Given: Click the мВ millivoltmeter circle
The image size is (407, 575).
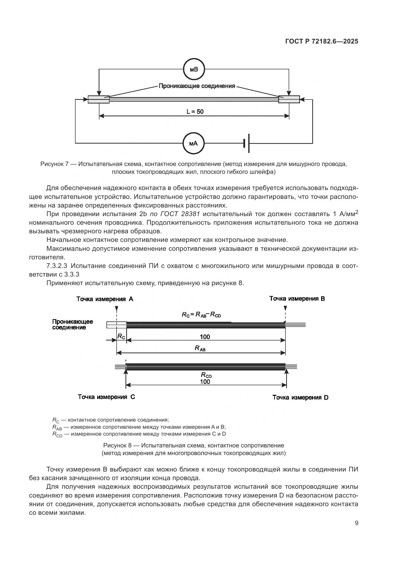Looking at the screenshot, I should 194,69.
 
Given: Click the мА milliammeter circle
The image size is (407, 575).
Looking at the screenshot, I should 193,144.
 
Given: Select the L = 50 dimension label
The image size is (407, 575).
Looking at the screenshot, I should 195,112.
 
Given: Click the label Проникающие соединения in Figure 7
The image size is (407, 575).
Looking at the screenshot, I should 197,86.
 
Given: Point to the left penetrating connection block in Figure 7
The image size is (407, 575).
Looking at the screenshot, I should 98,99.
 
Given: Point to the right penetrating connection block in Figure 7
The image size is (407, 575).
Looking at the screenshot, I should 289,99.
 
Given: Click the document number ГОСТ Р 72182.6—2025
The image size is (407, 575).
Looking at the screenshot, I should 322,42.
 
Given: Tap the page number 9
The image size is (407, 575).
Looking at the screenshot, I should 356,523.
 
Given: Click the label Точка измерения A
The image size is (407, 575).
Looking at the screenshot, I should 105,299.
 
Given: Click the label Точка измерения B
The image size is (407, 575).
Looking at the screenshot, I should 297,299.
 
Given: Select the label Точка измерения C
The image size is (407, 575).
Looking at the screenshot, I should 106,397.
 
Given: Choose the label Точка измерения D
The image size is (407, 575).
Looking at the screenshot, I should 300,398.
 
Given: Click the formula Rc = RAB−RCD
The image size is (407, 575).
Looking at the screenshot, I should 201,315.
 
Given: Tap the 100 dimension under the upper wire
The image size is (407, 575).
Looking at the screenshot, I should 205,337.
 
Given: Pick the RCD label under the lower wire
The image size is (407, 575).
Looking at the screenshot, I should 206,375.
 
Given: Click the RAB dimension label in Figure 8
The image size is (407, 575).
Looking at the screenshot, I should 200,348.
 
